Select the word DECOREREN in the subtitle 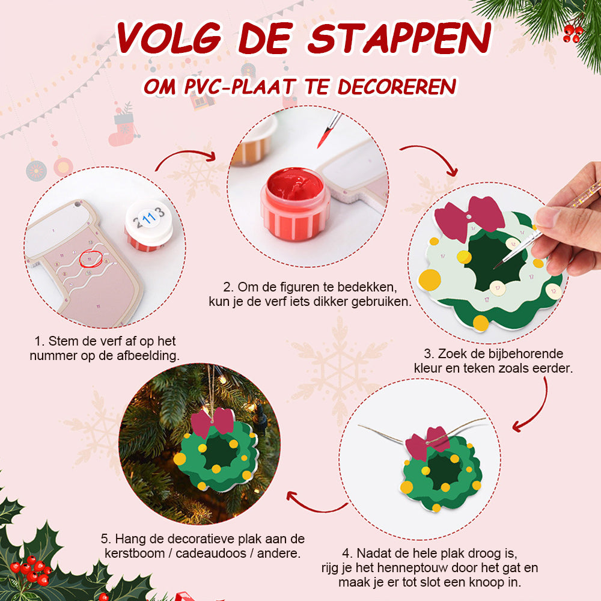coord(397,86)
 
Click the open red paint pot coord(294,203)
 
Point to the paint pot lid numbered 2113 coord(148,221)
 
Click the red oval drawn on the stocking coord(91,258)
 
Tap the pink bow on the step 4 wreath coord(427,443)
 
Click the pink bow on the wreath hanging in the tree coord(212,423)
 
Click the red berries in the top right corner coord(573,32)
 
